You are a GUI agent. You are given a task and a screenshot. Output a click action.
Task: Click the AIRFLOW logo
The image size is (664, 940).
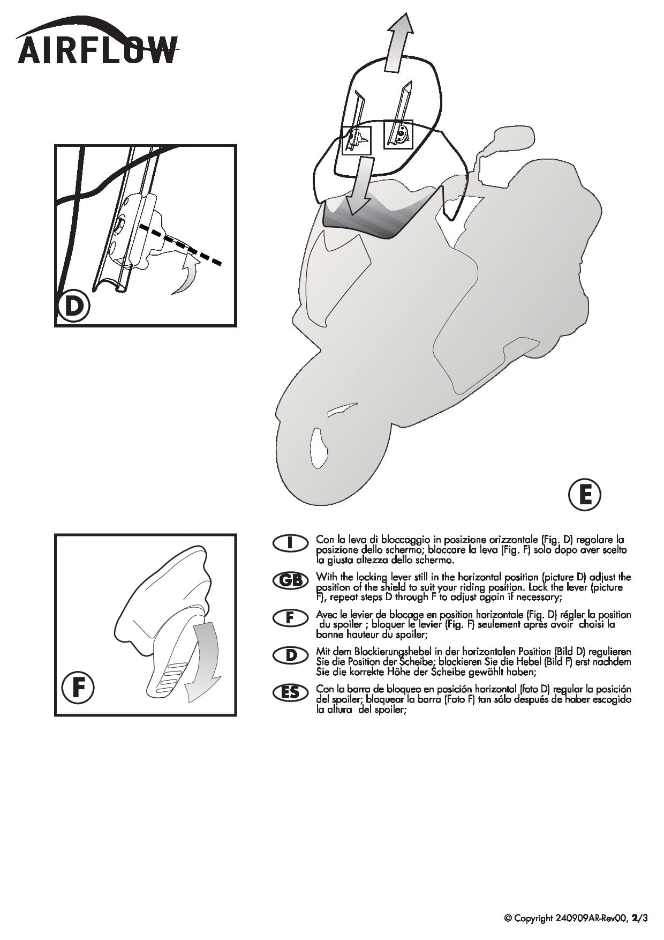[97, 42]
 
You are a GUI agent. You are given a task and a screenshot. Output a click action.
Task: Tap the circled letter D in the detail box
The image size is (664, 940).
[73, 307]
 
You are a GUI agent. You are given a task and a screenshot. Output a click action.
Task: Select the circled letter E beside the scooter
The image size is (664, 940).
[584, 495]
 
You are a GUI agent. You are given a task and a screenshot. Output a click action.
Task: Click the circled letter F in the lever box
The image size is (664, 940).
[78, 688]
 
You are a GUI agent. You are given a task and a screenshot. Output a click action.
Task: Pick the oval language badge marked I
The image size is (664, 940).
[290, 543]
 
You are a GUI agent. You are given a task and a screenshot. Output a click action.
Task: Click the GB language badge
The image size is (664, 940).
[290, 580]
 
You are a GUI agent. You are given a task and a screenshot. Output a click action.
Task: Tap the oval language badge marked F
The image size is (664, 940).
[290, 617]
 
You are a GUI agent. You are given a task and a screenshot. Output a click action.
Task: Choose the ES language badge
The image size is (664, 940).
[290, 692]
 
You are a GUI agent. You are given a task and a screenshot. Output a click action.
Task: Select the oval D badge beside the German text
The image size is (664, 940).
[290, 655]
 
